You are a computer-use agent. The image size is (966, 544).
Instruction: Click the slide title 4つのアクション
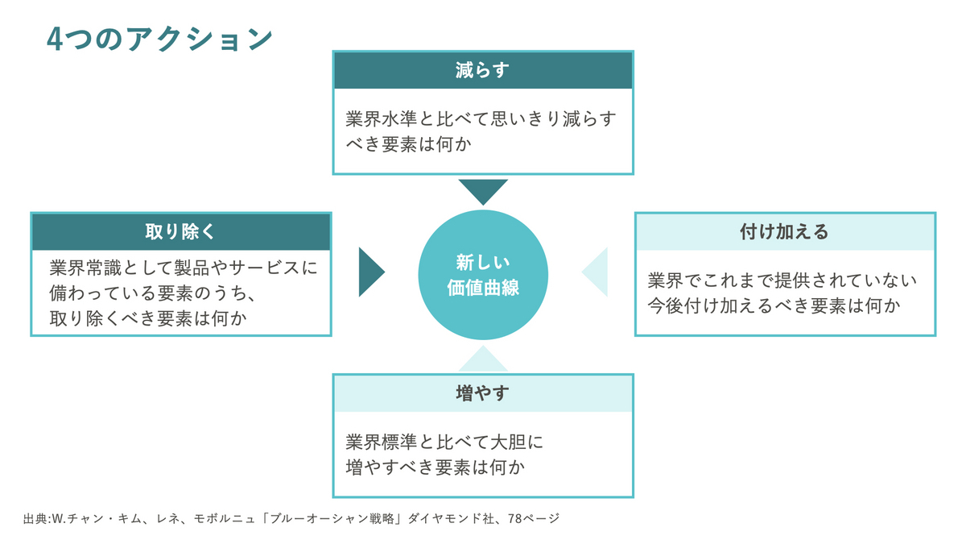159,39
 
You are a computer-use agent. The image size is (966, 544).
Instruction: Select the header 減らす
482,70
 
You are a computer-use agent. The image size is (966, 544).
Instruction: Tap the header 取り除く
180,232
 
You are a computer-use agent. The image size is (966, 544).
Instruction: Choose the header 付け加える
784,232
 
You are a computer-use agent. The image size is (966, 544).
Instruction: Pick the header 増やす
482,393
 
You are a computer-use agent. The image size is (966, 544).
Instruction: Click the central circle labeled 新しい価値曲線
483,275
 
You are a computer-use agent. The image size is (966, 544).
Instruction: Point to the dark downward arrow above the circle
483,192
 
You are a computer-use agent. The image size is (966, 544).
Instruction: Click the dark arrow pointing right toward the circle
372,272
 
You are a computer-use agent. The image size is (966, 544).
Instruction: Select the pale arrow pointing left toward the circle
595,272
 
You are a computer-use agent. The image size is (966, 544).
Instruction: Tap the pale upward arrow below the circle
483,359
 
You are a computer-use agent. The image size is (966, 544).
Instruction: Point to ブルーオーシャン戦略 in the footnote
332,518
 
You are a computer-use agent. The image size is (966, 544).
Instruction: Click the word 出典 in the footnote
35,518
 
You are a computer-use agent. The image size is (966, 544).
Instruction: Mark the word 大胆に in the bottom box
517,442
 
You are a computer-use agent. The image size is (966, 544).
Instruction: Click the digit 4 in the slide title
55,39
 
